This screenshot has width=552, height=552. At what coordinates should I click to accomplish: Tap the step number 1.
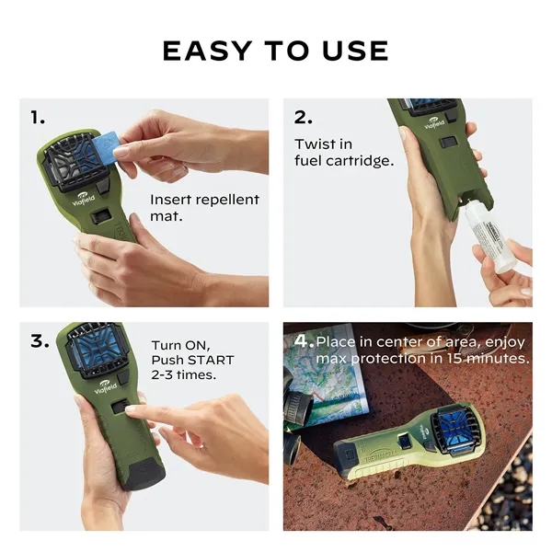pos(38,117)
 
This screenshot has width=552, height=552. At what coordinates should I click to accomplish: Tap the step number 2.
pos(303,117)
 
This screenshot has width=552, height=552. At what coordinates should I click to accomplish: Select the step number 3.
pos(39,340)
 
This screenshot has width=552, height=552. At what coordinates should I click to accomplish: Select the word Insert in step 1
pos(172,200)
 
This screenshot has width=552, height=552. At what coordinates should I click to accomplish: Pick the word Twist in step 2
pos(312,144)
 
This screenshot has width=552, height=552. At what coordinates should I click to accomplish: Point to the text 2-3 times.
pos(184,376)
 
